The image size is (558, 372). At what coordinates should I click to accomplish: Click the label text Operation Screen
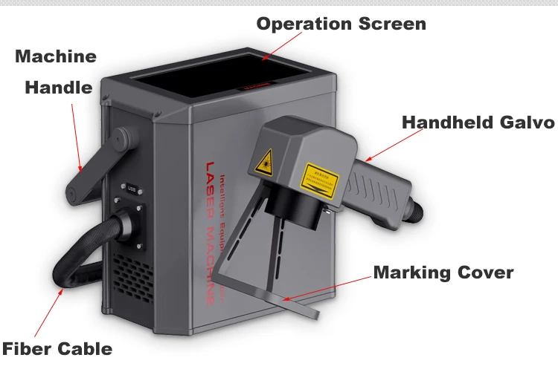pyautogui.click(x=341, y=24)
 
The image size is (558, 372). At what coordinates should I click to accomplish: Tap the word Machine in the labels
pyautogui.click(x=56, y=56)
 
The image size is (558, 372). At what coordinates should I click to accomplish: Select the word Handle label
pyautogui.click(x=59, y=88)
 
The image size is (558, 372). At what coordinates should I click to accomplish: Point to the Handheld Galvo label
pyautogui.click(x=478, y=123)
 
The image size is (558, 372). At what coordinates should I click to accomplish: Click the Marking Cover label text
pyautogui.click(x=443, y=273)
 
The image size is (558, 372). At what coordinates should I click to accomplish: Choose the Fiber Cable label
pyautogui.click(x=57, y=348)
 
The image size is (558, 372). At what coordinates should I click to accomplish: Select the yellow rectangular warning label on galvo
pyautogui.click(x=319, y=179)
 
